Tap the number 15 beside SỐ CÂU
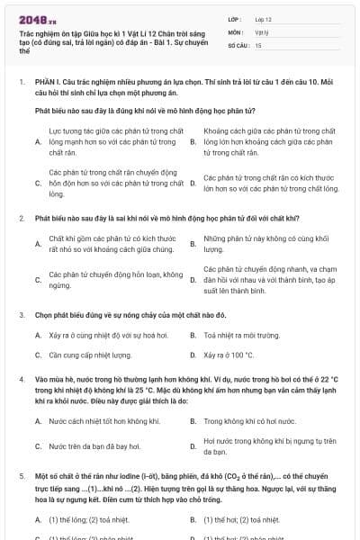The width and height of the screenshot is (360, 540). point(259,44)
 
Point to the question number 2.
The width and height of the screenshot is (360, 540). point(22,219)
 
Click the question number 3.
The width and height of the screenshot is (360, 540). point(22,315)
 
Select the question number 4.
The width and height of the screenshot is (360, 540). point(22,381)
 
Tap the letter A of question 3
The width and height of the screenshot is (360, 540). point(38,335)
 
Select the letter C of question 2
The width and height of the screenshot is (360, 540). point(38,280)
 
